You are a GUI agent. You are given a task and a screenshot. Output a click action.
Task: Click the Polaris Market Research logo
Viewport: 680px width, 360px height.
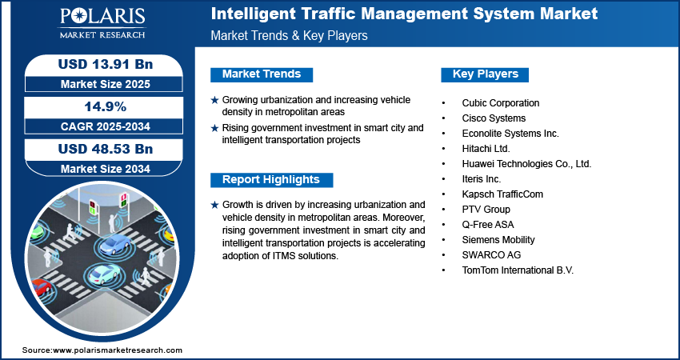coord(102,22)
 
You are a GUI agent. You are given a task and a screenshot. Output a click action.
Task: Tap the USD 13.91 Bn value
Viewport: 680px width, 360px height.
coord(106,64)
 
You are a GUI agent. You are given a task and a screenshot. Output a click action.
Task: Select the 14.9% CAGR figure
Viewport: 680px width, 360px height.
coord(106,106)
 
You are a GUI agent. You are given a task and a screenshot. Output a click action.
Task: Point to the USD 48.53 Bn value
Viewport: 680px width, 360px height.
coord(106,149)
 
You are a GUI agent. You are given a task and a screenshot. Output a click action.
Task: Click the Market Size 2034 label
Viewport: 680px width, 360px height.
coord(106,169)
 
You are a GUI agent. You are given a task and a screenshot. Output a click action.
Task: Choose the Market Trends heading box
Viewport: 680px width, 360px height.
coord(262,74)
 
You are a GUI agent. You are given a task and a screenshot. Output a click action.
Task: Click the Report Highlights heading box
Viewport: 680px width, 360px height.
coord(271,180)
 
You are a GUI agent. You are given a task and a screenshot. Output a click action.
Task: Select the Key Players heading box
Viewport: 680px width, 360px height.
coord(485,74)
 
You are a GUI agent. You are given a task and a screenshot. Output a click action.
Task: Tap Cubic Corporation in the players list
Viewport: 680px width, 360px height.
coord(501,102)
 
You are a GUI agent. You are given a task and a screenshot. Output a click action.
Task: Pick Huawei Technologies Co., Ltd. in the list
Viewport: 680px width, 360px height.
coord(526,164)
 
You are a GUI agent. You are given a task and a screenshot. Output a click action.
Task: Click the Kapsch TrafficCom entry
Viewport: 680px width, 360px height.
coord(502,194)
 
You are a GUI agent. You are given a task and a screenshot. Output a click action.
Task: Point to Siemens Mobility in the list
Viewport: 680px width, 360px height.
coord(498,239)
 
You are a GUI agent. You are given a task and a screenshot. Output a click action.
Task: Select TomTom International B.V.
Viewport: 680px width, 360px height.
coord(518,270)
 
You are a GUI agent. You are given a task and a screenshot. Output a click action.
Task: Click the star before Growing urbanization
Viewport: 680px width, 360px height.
coord(214,100)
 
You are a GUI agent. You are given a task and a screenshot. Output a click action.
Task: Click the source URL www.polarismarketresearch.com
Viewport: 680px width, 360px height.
coord(118,350)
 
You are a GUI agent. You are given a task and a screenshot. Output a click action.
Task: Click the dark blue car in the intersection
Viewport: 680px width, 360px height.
coord(114,244)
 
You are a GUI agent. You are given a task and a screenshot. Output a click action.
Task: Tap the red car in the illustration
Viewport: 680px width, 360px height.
coord(40,287)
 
